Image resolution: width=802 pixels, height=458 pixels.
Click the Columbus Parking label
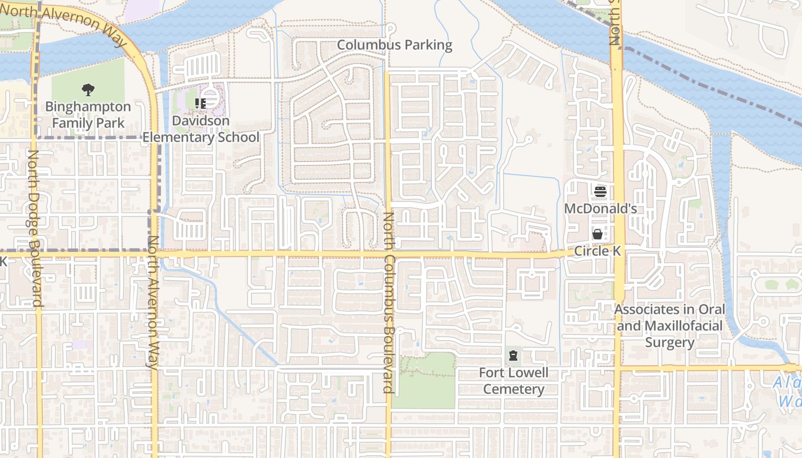(394, 45)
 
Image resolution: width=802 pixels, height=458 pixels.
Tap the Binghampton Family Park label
(88, 114)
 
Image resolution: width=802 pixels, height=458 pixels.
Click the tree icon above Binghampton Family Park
(88, 90)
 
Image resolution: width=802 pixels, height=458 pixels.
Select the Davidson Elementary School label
(200, 129)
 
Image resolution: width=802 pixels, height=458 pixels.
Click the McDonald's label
(600, 208)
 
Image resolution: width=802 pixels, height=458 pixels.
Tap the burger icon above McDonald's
(600, 191)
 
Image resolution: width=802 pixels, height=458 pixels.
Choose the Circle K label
(597, 251)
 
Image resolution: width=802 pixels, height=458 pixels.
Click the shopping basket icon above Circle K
(597, 234)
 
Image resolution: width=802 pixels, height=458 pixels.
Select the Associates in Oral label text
(670, 310)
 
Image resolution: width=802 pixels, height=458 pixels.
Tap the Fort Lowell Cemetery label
(513, 381)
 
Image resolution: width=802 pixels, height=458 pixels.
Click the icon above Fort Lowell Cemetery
(513, 356)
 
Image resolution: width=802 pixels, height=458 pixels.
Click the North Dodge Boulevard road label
(34, 229)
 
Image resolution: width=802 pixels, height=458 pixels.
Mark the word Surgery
(670, 343)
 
